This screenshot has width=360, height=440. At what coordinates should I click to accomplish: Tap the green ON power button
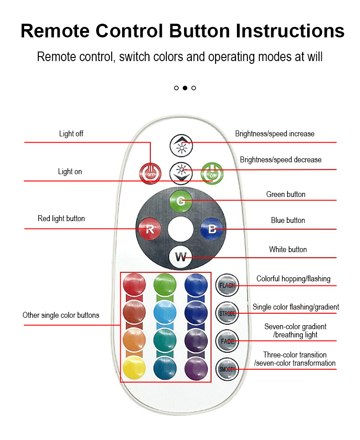pos(211,172)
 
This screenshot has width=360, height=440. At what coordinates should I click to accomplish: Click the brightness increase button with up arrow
pos(181,145)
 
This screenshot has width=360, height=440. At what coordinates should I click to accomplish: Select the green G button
pos(181,201)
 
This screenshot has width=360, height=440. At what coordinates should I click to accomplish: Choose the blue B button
pos(212,228)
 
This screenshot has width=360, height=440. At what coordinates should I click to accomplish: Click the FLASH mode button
pos(227,285)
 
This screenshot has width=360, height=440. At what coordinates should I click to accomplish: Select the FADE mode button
pos(227,341)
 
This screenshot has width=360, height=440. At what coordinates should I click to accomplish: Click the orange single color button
pos(134,340)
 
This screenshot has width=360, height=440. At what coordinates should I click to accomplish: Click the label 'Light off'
pos(71,134)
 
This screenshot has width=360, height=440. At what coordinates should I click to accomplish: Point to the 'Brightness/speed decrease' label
pos(281,160)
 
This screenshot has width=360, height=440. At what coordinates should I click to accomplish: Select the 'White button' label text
pos(288,249)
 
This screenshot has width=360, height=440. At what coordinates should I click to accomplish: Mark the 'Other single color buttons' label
pos(61,315)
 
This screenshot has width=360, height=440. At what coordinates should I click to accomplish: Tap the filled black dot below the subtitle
pos(185,88)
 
